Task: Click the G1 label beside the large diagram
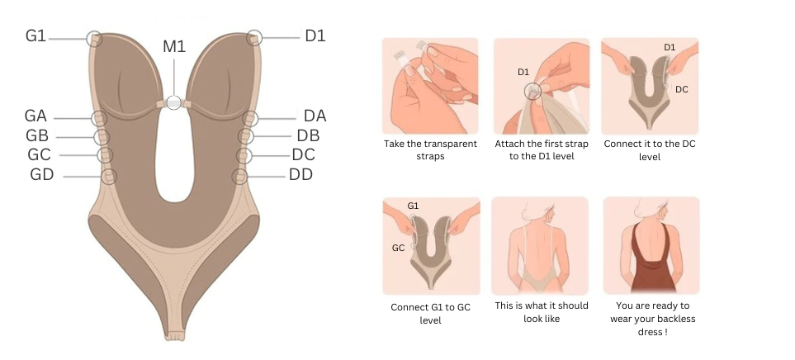point(36,36)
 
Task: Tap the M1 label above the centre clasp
point(174,46)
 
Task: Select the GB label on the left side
point(37,136)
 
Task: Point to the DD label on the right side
point(300,175)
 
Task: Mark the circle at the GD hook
point(109,177)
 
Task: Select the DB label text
point(308,136)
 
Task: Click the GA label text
point(35,116)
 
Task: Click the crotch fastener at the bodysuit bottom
point(173,335)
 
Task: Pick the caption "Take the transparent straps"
point(430,150)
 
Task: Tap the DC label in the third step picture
point(682,89)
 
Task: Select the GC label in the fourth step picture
point(399,248)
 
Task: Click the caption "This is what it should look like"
point(542,312)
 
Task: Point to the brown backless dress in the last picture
point(652,259)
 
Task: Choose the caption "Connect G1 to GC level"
point(430,314)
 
